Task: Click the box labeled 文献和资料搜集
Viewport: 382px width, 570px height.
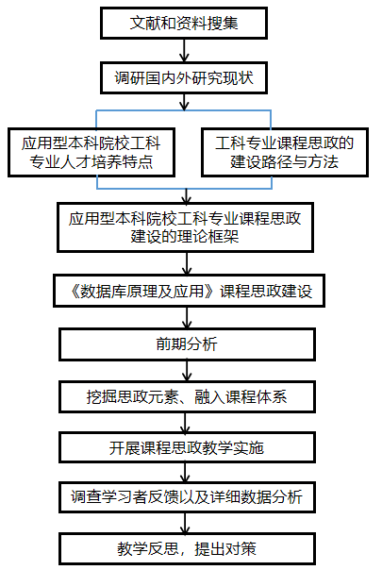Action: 184,23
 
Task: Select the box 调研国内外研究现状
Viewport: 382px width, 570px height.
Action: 184,77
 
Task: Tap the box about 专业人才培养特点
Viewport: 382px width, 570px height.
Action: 91,152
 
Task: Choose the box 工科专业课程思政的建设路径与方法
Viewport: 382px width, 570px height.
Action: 285,152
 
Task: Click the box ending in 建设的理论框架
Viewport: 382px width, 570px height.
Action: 186,227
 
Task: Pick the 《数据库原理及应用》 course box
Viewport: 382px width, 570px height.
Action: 189,291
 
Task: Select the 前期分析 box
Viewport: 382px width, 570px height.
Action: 187,344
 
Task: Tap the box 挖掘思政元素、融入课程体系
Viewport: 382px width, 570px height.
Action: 187,396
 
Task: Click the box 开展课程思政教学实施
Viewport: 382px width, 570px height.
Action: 187,447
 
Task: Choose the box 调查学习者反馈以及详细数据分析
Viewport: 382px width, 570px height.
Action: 187,497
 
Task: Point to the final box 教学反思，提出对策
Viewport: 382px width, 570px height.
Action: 187,548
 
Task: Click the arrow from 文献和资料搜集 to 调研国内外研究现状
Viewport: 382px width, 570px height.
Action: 184,50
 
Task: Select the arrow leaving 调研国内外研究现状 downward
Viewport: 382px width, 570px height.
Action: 184,102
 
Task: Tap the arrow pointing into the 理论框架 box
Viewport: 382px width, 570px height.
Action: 187,196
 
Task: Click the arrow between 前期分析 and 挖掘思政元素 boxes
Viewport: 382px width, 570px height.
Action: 187,371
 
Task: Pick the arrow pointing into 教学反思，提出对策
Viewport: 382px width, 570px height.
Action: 186,523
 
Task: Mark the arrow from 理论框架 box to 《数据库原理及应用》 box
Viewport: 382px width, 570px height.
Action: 187,263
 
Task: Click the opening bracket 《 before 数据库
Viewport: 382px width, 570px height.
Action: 75,292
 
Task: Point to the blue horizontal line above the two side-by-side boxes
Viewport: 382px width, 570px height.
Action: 184,110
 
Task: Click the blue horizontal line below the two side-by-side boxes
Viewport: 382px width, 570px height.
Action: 184,189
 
